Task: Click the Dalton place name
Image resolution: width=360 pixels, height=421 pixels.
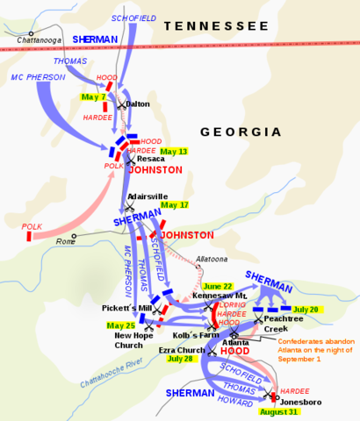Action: (x=137, y=104)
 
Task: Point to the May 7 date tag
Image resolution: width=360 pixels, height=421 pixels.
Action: (x=92, y=96)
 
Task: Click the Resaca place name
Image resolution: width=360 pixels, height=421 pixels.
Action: (x=151, y=159)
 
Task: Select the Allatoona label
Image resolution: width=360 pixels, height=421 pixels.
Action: (x=212, y=260)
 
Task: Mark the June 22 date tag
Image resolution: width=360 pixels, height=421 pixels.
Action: (x=218, y=286)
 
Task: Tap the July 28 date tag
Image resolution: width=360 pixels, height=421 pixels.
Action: (x=178, y=358)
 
